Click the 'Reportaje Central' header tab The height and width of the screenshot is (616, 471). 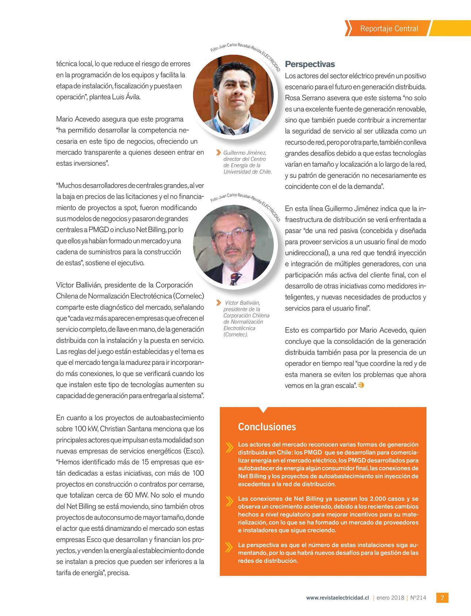389,28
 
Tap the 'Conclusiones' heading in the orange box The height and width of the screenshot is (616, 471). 267,427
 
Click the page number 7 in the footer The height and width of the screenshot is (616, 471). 442,598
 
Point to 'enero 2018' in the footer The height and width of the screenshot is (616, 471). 390,598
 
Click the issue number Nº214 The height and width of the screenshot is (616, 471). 418,598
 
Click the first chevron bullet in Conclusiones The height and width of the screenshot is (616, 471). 229,447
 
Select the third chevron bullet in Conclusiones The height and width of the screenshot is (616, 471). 229,547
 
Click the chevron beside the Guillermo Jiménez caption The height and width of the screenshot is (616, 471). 219,153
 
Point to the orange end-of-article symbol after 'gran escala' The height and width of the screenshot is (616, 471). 361,385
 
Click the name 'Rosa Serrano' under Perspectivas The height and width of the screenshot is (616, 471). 304,98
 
